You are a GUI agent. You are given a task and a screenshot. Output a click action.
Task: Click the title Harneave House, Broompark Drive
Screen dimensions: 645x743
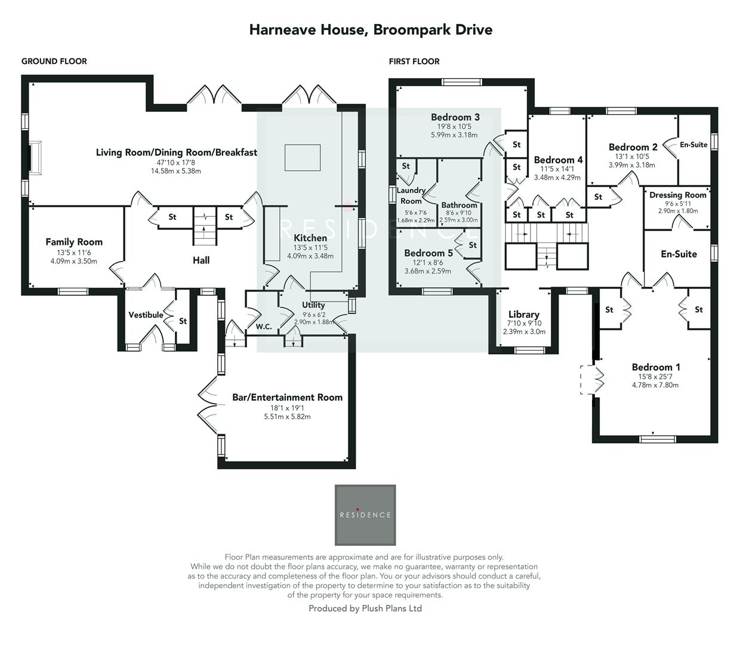[371, 30]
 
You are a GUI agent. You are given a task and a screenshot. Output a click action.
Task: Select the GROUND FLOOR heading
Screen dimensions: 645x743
[54, 62]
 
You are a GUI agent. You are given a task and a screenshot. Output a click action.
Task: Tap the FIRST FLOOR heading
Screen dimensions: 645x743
[414, 62]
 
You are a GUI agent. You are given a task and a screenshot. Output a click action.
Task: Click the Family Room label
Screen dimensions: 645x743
[74, 242]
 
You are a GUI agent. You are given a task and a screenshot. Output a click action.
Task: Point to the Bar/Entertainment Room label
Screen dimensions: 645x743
[287, 397]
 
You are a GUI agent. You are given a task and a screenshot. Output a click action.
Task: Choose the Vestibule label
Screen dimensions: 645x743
[146, 315]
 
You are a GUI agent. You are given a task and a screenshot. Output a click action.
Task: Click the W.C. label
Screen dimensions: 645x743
[264, 327]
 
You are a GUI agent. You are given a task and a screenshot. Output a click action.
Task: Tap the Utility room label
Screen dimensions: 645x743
[313, 305]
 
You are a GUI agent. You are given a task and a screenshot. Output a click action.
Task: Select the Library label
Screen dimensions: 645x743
[524, 314]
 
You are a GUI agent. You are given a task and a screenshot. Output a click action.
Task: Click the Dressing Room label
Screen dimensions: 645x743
[677, 195]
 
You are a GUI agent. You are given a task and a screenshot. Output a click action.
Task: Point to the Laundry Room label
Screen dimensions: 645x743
[411, 195]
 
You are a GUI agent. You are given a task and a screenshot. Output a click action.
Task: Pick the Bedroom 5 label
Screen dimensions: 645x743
[428, 253]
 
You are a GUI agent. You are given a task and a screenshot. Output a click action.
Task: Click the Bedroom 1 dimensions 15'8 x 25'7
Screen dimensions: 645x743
[655, 377]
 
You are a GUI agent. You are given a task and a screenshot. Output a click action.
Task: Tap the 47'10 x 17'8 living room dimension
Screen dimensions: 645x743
[176, 162]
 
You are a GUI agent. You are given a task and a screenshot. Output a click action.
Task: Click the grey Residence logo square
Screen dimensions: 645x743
[365, 515]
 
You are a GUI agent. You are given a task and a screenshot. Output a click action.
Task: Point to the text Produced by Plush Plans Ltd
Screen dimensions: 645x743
[365, 609]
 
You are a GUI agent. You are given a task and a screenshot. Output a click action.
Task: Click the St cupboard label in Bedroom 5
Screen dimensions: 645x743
[473, 245]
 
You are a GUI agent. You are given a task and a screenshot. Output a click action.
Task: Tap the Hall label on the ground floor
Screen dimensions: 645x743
[201, 260]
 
